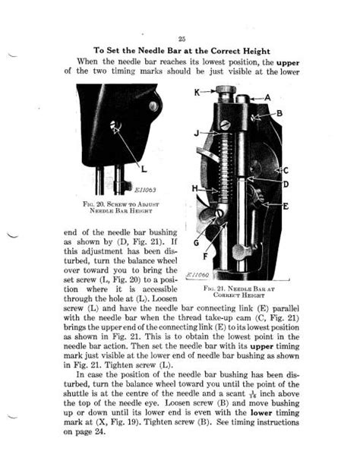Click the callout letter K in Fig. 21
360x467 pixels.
coord(197,93)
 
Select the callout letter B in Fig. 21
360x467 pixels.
coord(279,114)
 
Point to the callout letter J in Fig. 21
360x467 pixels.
coord(196,134)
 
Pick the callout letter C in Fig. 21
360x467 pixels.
coord(285,170)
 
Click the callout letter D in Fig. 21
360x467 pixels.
coord(285,185)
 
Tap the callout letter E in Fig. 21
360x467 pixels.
coord(285,206)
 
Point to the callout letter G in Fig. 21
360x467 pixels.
coord(196,244)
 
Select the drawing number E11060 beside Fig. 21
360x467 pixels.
coord(197,275)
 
